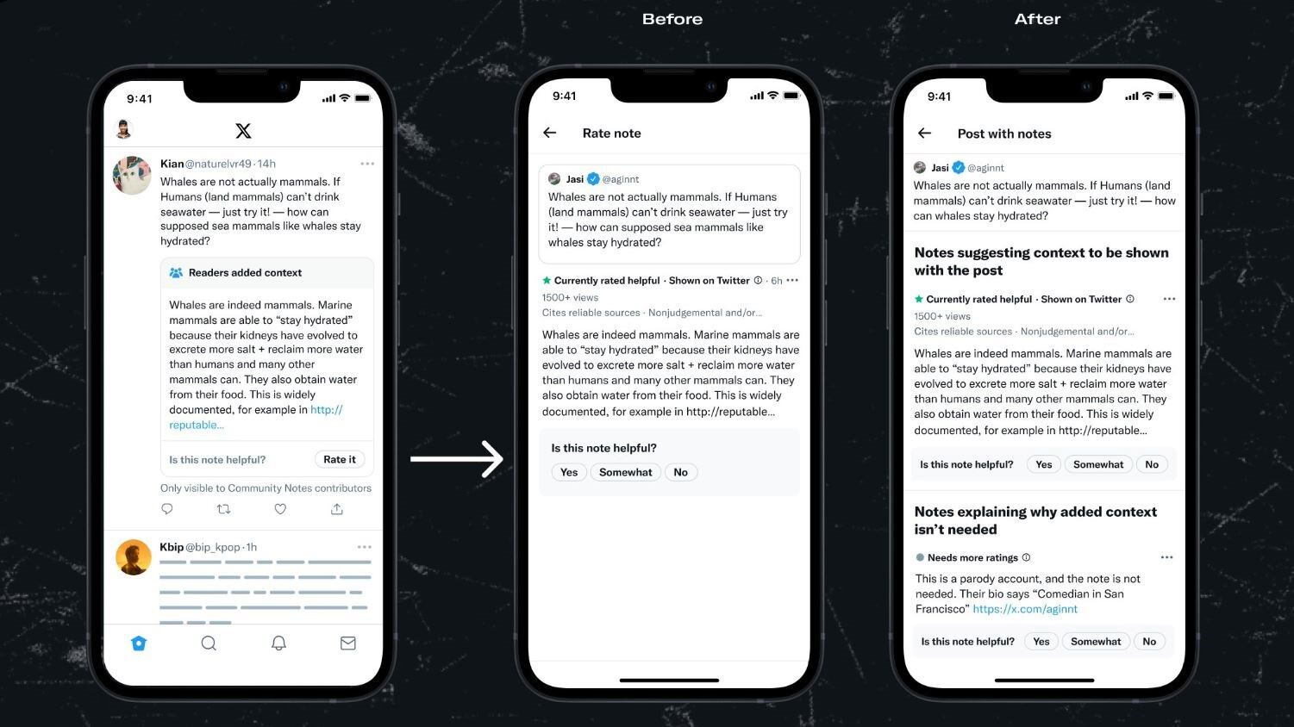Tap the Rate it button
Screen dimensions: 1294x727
click(x=340, y=459)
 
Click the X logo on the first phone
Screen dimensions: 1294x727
click(x=243, y=131)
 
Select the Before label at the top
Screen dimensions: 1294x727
click(x=672, y=19)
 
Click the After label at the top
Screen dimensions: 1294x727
click(x=1037, y=19)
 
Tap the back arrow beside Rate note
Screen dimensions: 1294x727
click(x=549, y=133)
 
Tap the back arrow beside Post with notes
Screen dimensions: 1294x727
click(x=924, y=134)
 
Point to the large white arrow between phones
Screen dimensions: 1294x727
click(x=456, y=459)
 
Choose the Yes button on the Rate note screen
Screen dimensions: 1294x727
click(x=568, y=472)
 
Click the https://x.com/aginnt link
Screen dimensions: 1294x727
click(x=1025, y=609)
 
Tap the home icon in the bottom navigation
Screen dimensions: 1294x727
click(x=139, y=643)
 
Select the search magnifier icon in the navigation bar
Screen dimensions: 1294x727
click(x=209, y=643)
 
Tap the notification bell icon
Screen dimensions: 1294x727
click(x=278, y=643)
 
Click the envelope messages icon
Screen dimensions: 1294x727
click(x=347, y=643)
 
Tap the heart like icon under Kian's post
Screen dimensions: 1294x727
click(x=280, y=509)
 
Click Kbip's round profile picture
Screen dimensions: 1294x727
click(x=133, y=557)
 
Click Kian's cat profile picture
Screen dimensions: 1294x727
click(x=132, y=175)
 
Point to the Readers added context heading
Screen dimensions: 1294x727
click(x=245, y=272)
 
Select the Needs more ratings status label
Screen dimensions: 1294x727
click(x=972, y=557)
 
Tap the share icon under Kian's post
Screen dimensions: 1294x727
click(x=337, y=509)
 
